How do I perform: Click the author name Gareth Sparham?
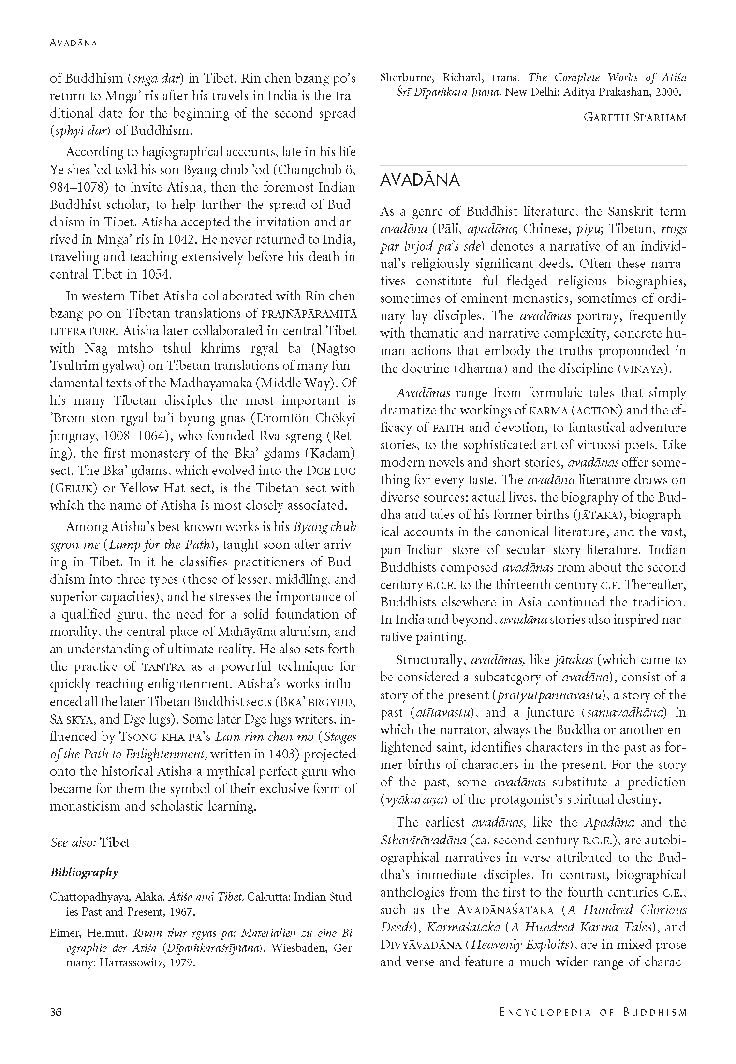[634, 118]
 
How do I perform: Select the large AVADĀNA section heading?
[420, 180]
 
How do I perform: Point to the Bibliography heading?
[85, 872]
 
